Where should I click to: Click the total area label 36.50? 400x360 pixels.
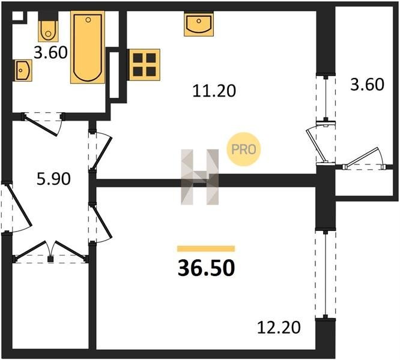coord(206,268)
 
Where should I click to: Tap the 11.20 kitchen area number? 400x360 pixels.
coord(214,91)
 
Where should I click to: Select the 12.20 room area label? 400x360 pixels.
coord(279,328)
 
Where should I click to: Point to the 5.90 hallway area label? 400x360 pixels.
coord(53,179)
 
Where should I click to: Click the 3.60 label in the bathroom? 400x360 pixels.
coord(50,53)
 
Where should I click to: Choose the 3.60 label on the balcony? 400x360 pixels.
coord(367,85)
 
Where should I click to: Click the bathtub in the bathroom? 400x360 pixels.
coord(88,47)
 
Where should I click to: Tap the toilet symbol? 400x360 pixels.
coord(48,31)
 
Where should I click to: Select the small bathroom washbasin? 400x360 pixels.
coord(23,70)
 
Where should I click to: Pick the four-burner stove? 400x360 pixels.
coord(144,65)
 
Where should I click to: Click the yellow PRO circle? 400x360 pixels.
coord(244,149)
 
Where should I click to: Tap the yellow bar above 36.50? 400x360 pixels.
coord(206,248)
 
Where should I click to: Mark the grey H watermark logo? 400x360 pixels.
coord(200,177)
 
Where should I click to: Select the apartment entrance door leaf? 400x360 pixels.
coord(19,205)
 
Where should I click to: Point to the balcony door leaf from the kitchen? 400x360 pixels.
coord(316,146)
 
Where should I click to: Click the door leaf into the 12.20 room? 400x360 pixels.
coord(102,221)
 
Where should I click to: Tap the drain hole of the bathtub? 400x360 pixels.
coord(88,20)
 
